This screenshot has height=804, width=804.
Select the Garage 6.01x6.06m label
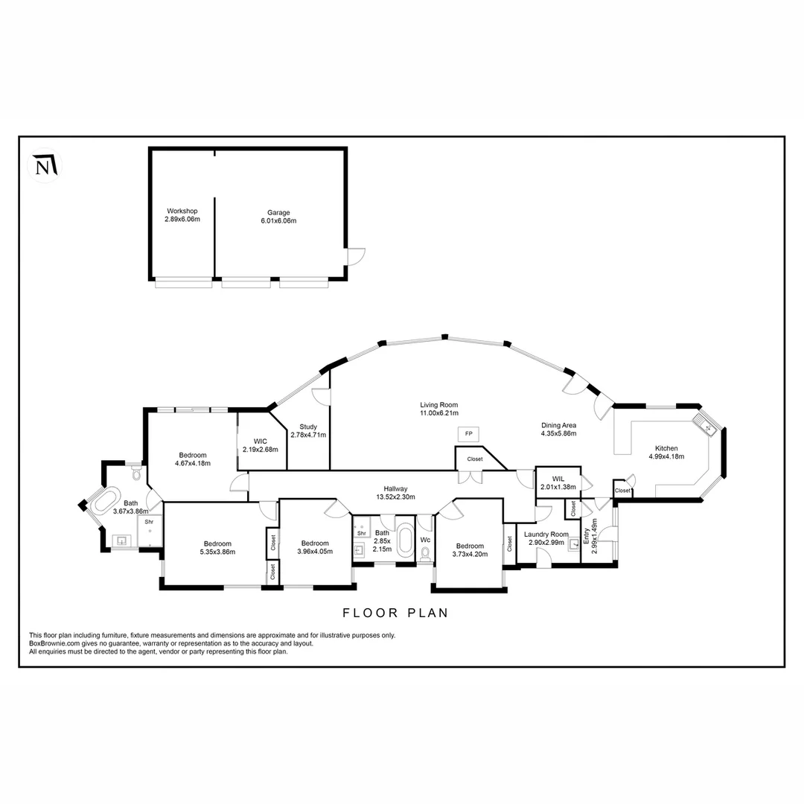click(x=279, y=217)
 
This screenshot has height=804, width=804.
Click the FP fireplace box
click(x=468, y=433)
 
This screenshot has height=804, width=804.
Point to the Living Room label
click(x=438, y=409)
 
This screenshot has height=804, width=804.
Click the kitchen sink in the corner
click(x=706, y=427)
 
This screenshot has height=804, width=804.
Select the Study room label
click(x=308, y=431)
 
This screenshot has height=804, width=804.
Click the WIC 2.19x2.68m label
click(x=260, y=445)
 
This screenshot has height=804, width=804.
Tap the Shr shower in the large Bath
click(x=150, y=523)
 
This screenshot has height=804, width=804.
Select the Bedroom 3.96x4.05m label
click(x=314, y=547)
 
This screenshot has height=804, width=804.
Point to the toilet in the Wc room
click(x=425, y=554)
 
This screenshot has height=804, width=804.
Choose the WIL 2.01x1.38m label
click(x=559, y=483)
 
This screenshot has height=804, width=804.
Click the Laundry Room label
click(x=546, y=538)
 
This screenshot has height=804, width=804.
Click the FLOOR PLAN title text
click(x=395, y=613)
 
